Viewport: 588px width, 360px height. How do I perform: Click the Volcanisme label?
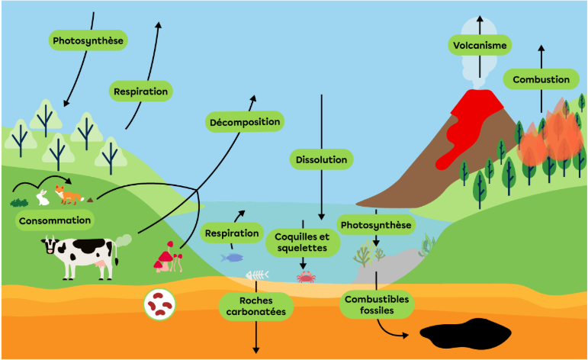coord(480,45)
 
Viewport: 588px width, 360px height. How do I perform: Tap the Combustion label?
coord(541,79)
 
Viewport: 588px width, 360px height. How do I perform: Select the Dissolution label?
coord(321,159)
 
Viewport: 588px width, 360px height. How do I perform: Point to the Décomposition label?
coord(245,122)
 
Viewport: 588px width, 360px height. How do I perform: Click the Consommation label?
coord(55,220)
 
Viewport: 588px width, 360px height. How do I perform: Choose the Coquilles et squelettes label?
coord(303,243)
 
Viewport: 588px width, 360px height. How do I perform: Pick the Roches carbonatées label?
coord(255,307)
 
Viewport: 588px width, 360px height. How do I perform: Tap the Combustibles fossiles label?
coord(377,305)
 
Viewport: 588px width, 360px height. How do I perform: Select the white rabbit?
coord(43,198)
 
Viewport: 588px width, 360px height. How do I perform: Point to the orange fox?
coord(69,194)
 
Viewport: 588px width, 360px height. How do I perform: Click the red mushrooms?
coord(168,257)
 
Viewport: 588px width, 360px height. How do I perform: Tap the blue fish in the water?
coord(232,258)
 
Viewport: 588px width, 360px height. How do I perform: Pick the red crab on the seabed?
coord(306,277)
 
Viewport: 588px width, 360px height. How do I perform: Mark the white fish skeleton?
coord(257,275)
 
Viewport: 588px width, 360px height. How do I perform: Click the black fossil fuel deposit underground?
coord(465,333)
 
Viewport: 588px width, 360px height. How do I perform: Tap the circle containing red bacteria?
coord(159,304)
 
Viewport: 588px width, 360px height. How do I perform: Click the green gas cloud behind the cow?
coord(123,241)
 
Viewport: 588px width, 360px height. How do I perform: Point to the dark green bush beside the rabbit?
coord(19,203)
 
